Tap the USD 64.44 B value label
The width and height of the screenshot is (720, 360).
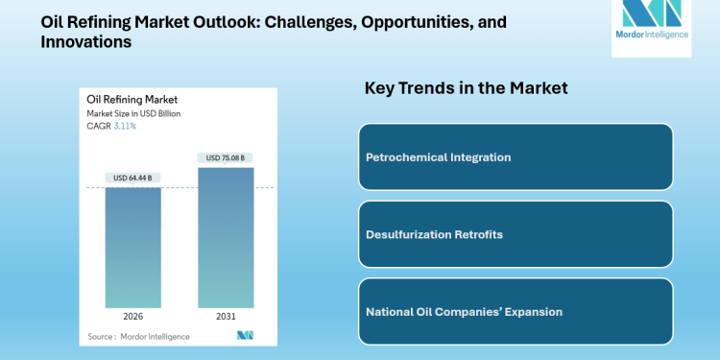(x=132, y=178)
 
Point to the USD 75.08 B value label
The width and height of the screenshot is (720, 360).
(x=226, y=157)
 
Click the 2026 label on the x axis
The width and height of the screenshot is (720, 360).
(x=132, y=316)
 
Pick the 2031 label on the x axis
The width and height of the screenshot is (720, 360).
(x=226, y=316)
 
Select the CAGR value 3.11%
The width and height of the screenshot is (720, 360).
(x=126, y=125)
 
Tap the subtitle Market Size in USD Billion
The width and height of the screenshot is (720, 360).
(x=133, y=113)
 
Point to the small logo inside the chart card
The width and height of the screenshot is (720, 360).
(x=245, y=336)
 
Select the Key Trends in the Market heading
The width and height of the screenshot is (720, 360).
(x=466, y=88)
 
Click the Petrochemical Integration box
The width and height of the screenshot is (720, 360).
(x=516, y=156)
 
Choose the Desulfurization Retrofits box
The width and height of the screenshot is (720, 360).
(x=516, y=234)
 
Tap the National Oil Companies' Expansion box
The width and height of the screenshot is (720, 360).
(x=516, y=311)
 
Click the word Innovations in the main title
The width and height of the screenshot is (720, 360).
(x=85, y=42)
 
